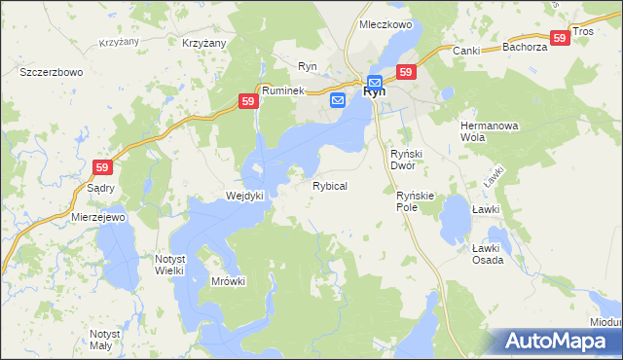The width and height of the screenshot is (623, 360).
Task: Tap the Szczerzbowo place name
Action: (x=51, y=72)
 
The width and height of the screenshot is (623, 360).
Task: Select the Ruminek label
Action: (x=283, y=90)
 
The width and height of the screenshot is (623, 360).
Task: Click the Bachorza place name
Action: (x=524, y=47)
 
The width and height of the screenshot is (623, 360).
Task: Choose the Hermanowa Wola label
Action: (x=486, y=131)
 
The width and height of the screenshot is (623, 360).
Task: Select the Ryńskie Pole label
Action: (x=420, y=201)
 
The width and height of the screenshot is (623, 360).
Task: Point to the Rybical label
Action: (x=330, y=185)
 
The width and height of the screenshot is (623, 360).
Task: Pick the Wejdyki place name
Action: (x=245, y=196)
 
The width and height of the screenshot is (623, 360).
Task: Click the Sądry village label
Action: (x=101, y=188)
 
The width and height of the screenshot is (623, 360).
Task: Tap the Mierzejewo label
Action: (x=99, y=217)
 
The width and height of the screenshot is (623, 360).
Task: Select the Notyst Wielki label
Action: (x=176, y=264)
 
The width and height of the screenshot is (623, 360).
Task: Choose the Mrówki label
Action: (x=229, y=281)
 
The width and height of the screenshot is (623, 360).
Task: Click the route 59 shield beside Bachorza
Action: (x=559, y=37)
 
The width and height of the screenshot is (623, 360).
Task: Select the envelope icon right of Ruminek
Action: (x=338, y=100)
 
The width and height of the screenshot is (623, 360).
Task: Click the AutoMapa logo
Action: (x=558, y=341)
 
